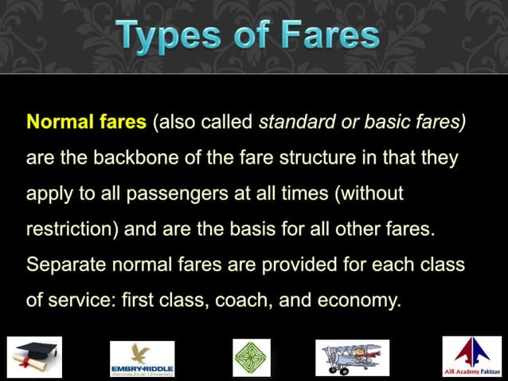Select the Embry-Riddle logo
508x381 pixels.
[143, 358]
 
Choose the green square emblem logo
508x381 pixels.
[252, 357]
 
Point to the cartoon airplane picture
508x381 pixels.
[351, 357]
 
